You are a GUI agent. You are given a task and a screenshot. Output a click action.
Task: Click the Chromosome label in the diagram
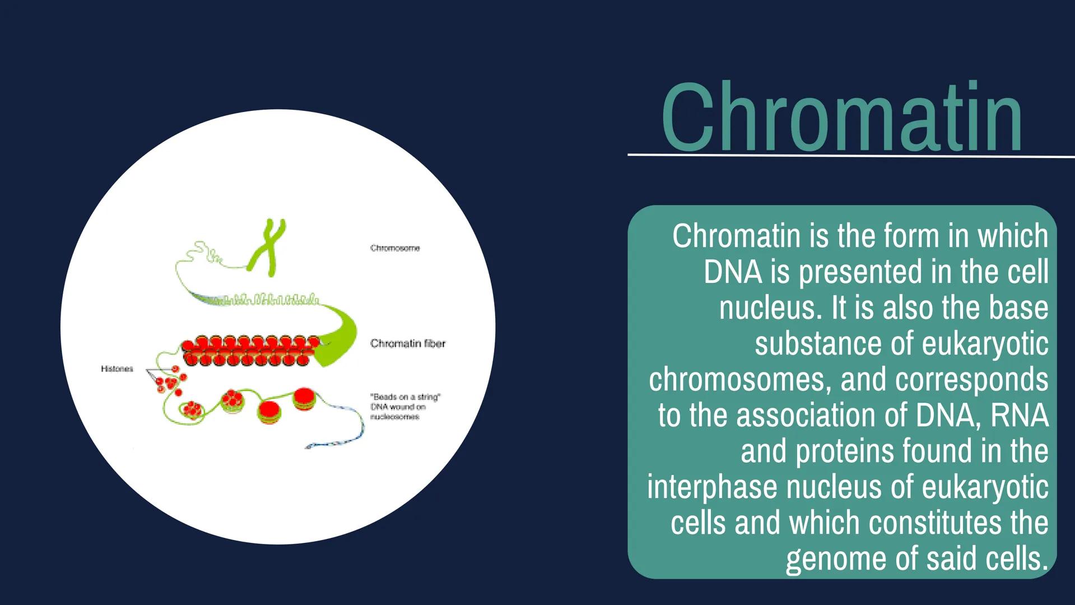(395, 248)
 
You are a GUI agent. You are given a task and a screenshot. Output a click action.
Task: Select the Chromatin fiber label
(407, 343)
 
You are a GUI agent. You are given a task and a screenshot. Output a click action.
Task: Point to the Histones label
(117, 369)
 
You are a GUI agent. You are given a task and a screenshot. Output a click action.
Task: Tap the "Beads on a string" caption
(406, 397)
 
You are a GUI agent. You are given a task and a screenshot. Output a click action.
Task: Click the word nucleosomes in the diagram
(395, 417)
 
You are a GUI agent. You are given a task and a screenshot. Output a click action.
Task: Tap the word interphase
(712, 487)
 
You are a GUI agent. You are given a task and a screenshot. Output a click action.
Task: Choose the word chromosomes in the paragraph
(736, 380)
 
